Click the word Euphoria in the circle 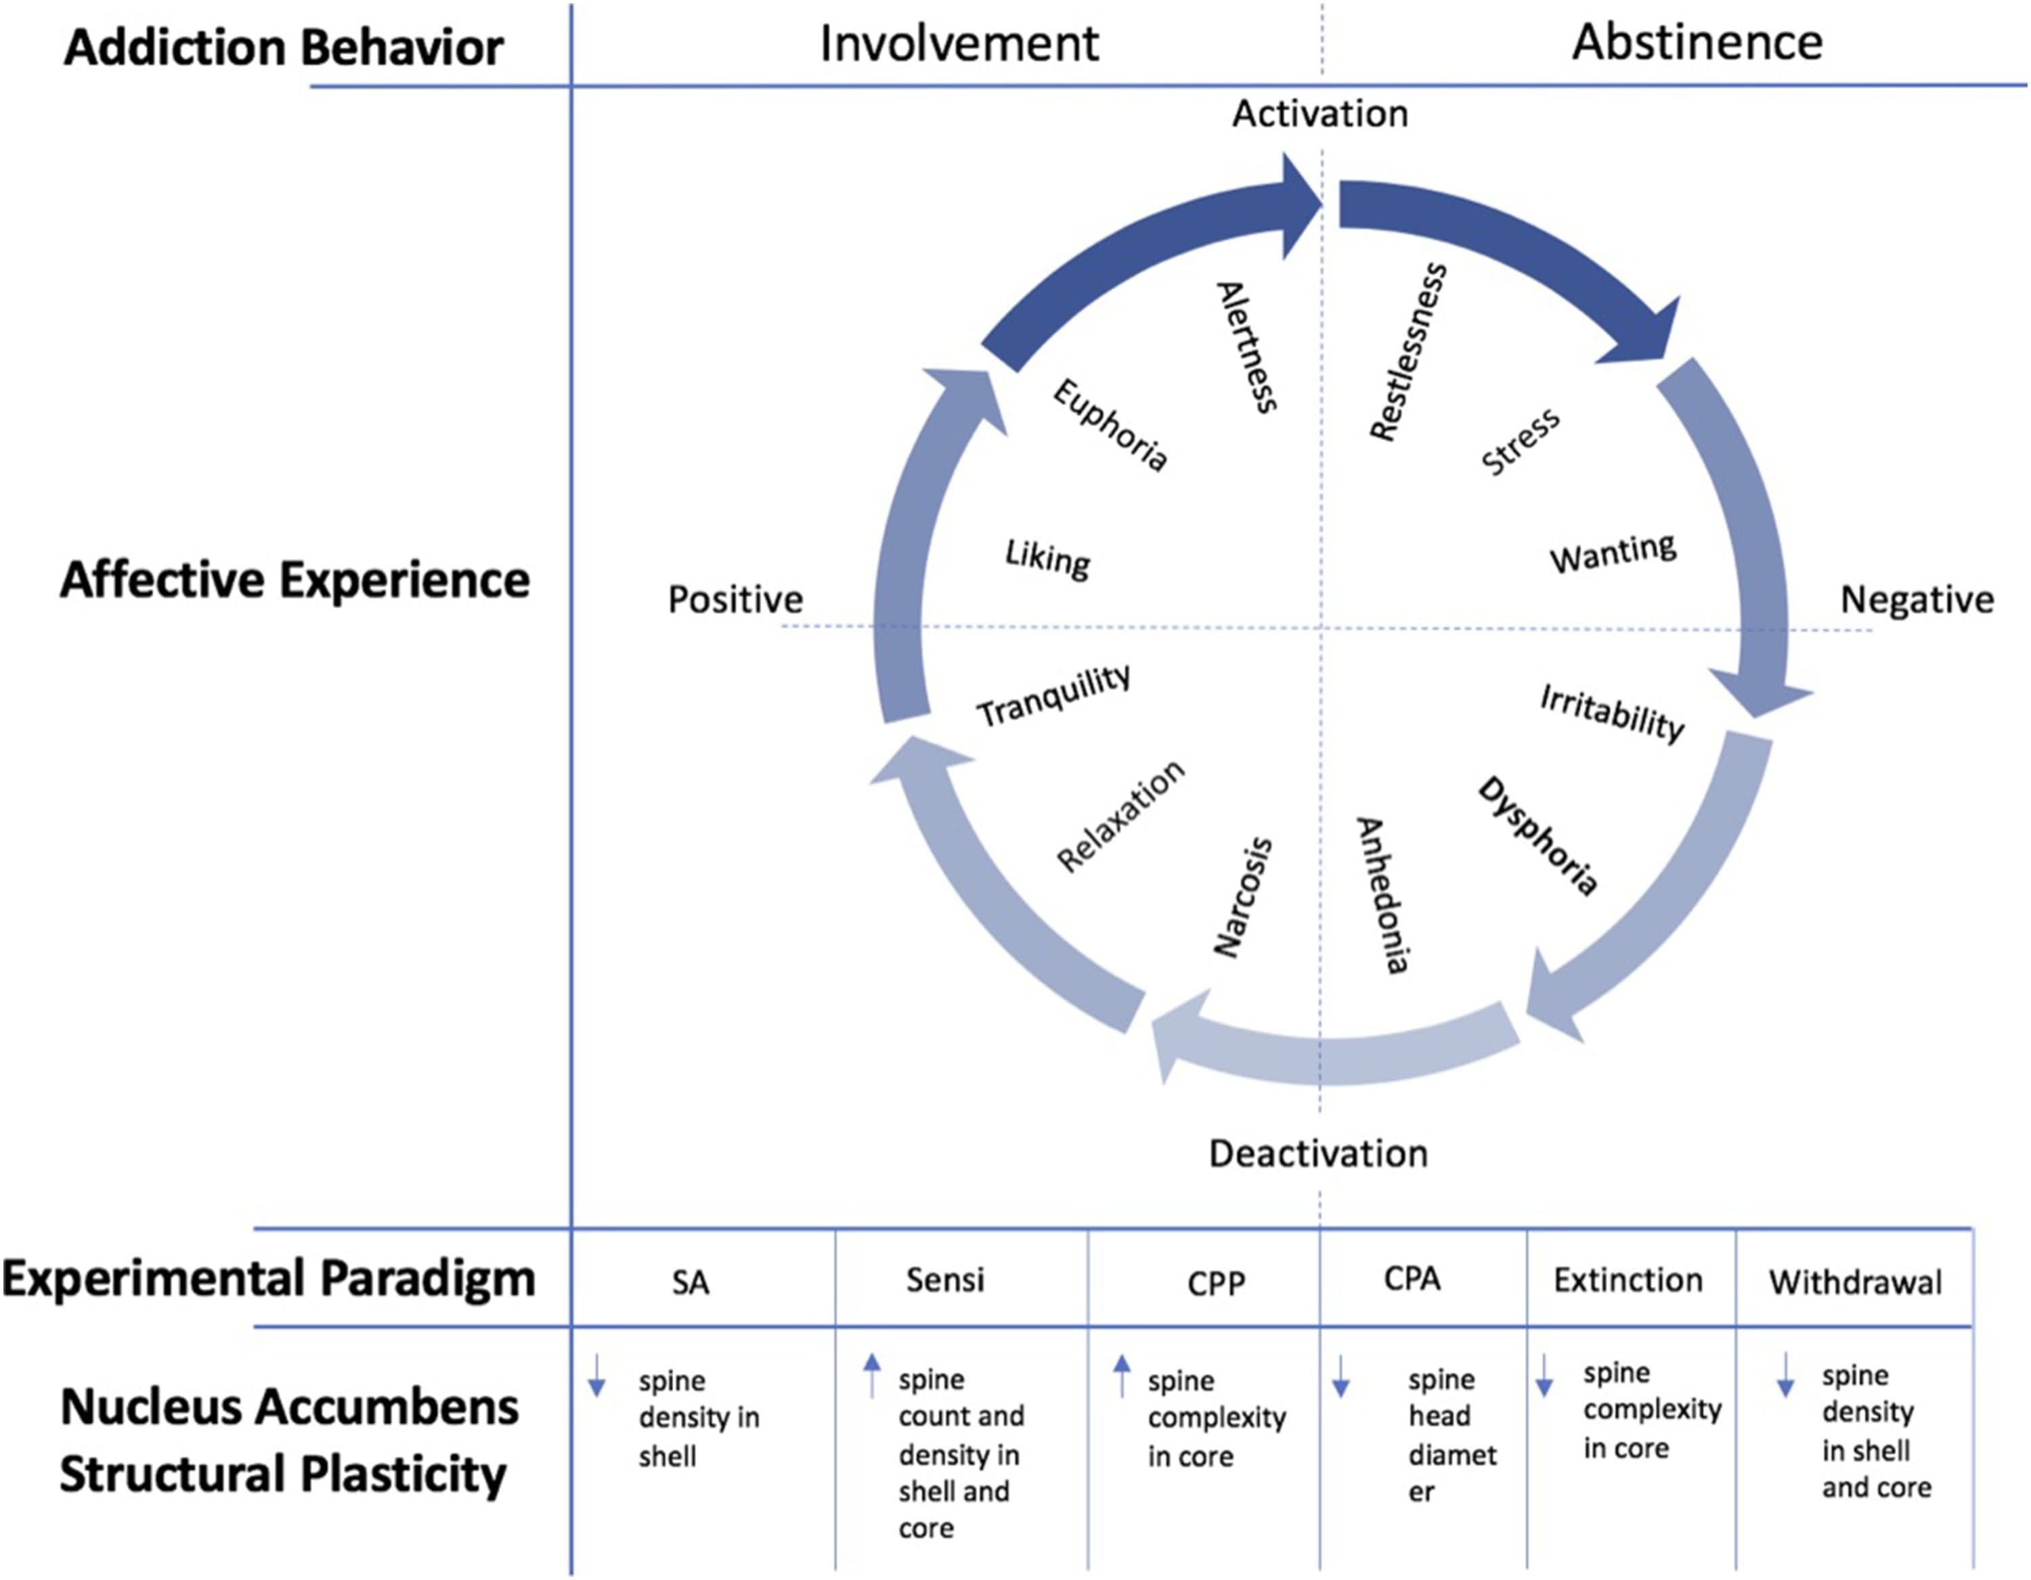(1110, 425)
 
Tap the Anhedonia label (1383, 895)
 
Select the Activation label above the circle (1319, 114)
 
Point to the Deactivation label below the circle (1317, 1153)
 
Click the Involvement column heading (959, 44)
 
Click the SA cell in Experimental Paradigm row (690, 1282)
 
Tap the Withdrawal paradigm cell (1855, 1282)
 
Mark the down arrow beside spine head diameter (1340, 1378)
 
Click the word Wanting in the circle (1613, 553)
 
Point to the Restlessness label (1408, 351)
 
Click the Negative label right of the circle (1917, 600)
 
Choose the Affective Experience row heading (294, 580)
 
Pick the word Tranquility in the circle (1053, 696)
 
